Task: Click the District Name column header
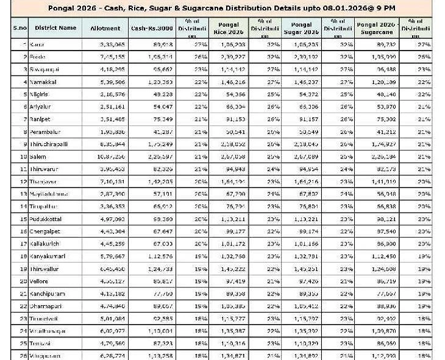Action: pyautogui.click(x=55, y=28)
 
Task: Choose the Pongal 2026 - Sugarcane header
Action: pyautogui.click(x=376, y=28)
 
